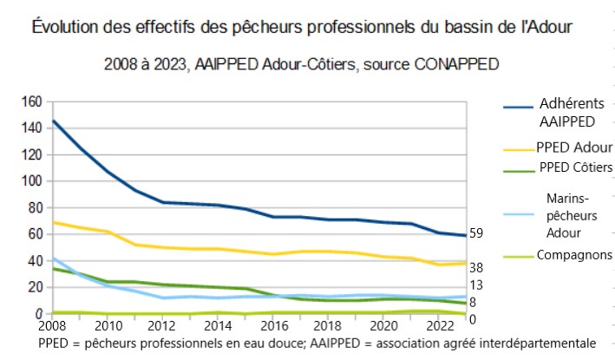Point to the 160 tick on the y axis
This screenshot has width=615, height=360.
(x=30, y=102)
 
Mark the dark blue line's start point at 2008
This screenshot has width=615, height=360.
(x=54, y=121)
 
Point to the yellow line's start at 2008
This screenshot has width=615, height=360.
(x=54, y=222)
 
